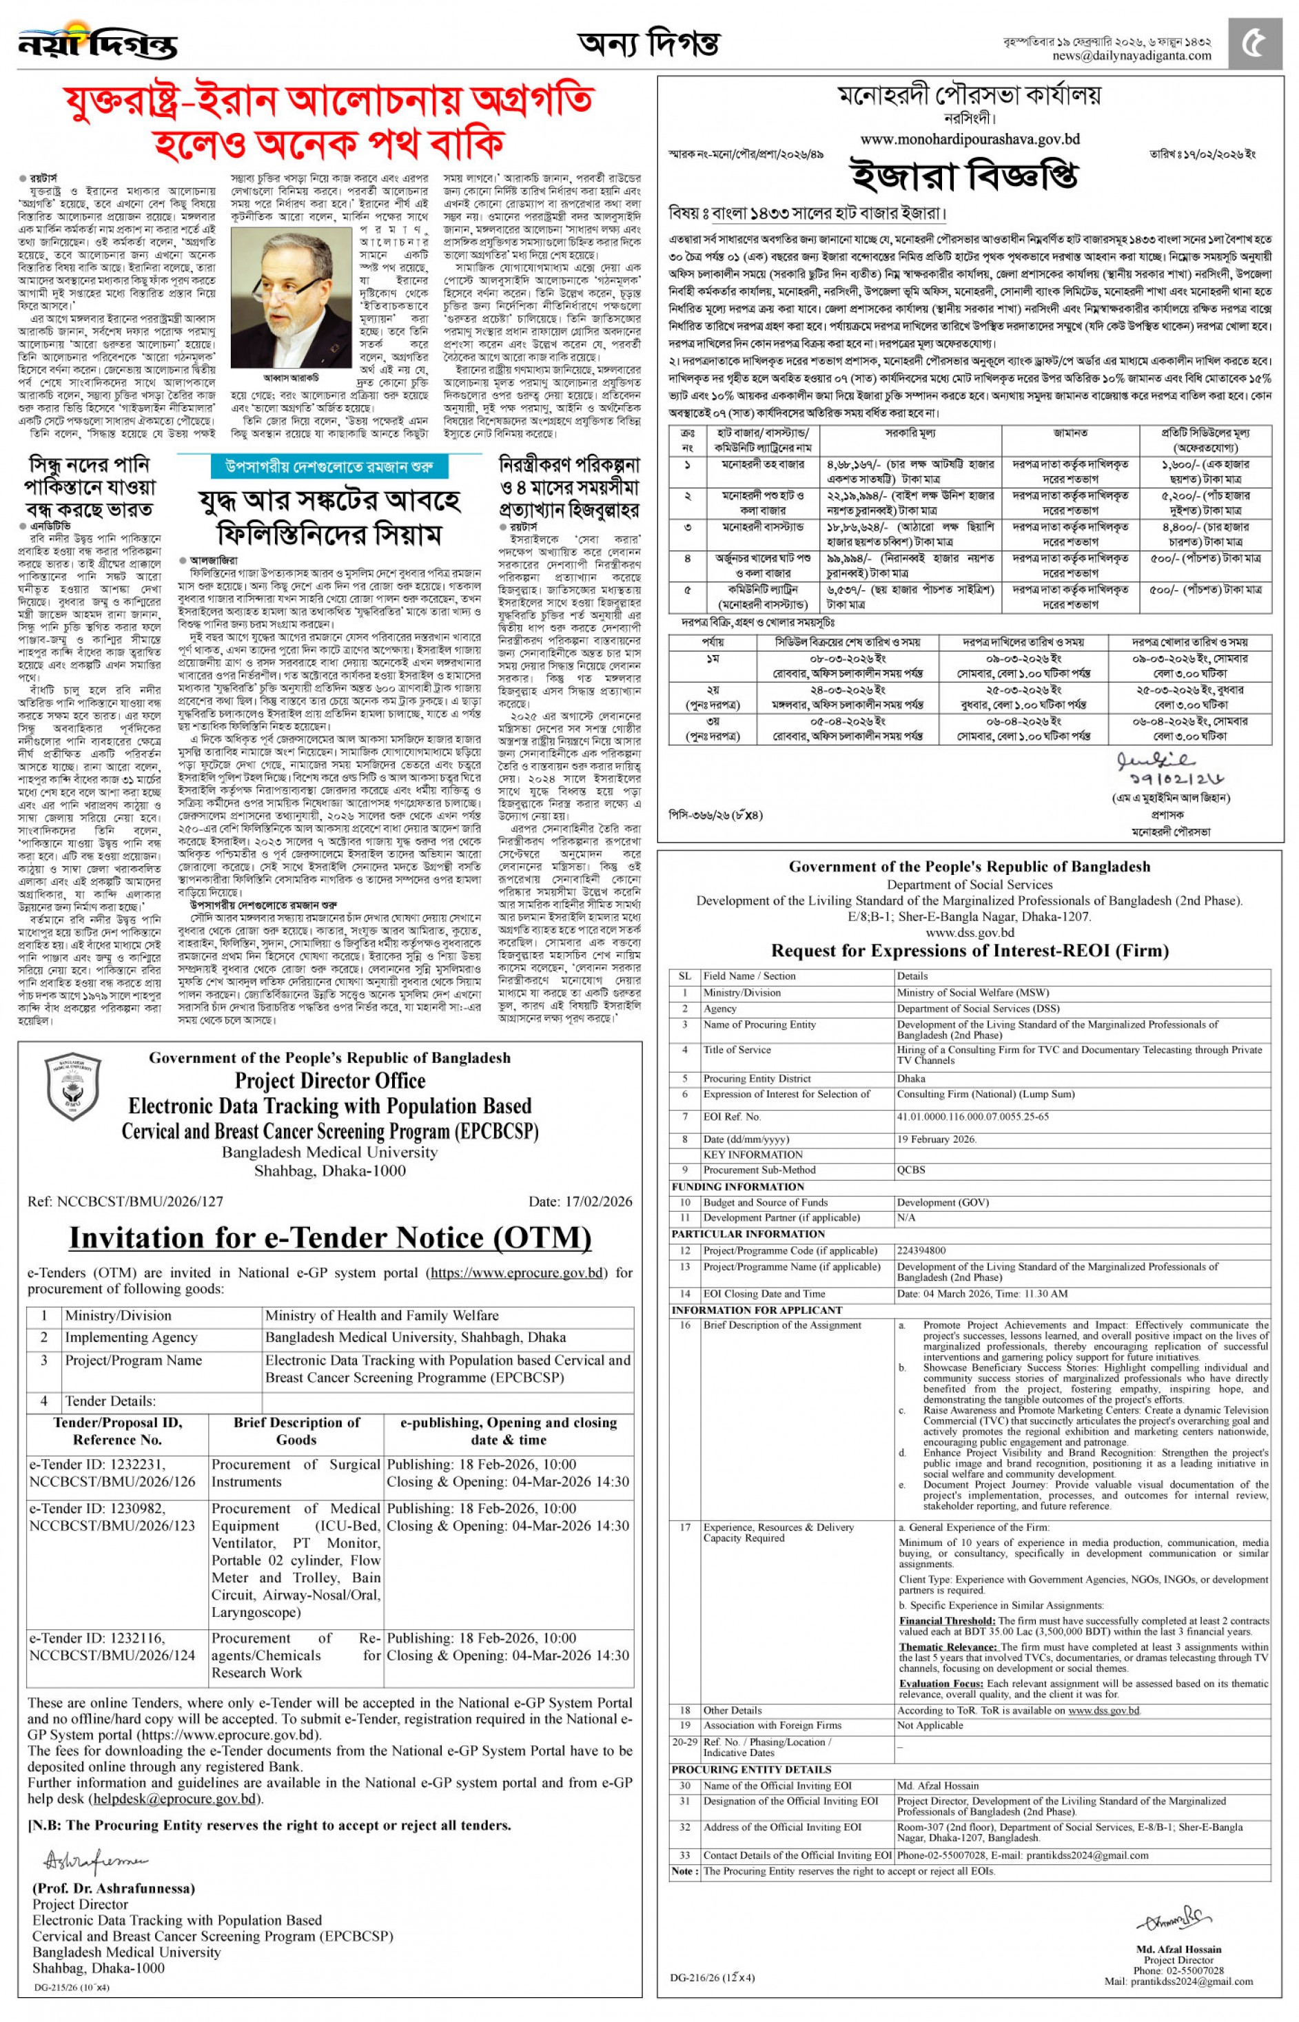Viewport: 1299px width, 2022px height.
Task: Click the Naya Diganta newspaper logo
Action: coord(97,41)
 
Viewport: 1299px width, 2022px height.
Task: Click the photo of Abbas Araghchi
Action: coord(291,299)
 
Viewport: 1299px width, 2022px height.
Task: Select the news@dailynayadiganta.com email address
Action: coord(1131,56)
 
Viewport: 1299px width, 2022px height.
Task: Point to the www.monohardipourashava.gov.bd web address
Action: coord(969,138)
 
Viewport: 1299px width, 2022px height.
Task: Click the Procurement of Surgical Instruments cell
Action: coord(295,1472)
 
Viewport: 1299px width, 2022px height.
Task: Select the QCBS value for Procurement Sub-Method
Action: coord(911,1170)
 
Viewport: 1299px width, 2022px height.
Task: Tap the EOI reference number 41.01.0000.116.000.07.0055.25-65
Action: coord(972,1116)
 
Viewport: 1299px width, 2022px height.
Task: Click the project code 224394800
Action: coord(921,1250)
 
